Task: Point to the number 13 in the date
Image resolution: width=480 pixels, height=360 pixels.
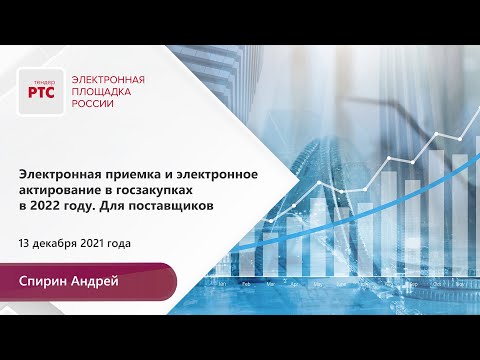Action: click(25, 243)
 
